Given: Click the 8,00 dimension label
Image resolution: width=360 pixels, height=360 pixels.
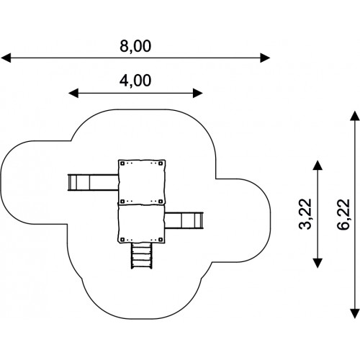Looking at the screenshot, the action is click(135, 46).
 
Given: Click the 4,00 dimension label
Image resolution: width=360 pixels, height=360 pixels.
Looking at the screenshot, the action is click(135, 81).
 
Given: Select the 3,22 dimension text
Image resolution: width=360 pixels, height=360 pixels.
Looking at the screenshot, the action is click(305, 214).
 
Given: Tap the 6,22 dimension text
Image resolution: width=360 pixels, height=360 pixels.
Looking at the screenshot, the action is click(343, 214).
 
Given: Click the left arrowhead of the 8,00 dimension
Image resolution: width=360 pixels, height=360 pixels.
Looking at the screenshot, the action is click(6, 58).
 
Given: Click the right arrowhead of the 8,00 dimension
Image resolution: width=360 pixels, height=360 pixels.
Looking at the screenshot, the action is click(265, 58).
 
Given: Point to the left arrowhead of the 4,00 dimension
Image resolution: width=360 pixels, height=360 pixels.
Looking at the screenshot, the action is click(73, 93).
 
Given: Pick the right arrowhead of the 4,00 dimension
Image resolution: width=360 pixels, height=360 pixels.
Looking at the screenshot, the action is click(198, 93).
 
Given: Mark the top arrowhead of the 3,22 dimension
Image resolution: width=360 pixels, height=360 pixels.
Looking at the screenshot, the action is click(318, 165).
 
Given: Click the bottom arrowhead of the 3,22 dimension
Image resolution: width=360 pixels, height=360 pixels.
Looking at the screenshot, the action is click(318, 263).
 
